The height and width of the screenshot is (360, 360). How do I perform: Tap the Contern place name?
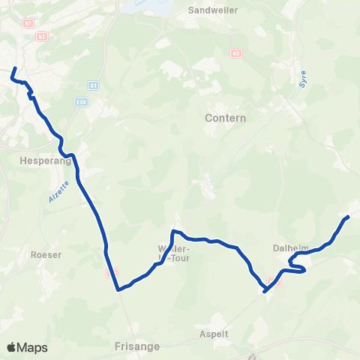pos(225,118)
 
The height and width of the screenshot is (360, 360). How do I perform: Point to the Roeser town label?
pos(46,254)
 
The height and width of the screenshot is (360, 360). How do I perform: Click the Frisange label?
pos(135,348)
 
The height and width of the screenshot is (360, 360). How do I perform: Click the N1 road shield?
pos(28,23)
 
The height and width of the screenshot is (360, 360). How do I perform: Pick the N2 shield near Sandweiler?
pos(236,52)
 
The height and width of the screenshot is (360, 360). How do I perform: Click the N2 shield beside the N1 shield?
pos(41,36)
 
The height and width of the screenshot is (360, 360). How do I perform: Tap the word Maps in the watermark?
pos(32,347)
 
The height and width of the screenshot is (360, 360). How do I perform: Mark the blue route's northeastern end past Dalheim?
pos(348,217)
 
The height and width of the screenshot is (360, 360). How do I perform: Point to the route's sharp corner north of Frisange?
pos(117,289)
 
